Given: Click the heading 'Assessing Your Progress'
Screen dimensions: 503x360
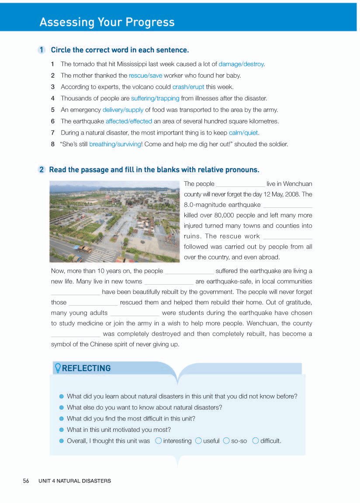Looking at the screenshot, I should point(107,22).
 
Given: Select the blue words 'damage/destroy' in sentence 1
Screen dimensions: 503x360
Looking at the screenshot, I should point(241,64).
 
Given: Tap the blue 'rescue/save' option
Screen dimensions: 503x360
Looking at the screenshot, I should point(145,76).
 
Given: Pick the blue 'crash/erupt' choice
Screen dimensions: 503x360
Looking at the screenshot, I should point(188,87).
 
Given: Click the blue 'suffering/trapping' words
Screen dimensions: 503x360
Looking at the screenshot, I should point(155,98).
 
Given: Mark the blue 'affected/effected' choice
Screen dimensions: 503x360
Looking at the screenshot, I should point(129,121).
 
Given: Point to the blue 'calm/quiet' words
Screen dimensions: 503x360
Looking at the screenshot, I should point(243,133).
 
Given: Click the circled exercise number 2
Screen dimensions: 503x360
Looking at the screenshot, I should point(42,170).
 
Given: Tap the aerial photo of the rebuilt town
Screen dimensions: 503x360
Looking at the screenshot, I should point(115,222).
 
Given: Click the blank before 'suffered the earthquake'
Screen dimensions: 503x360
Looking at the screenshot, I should point(189,272).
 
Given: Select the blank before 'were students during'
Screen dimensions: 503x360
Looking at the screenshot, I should point(135,314).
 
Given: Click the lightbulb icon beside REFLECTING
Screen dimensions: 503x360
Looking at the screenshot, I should point(57,368).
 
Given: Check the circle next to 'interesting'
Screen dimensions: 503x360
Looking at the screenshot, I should point(159,441).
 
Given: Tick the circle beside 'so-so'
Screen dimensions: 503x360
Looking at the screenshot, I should point(226,441).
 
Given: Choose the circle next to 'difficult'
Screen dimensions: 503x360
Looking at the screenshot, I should point(256,441).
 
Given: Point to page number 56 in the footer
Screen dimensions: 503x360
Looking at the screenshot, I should point(26,481).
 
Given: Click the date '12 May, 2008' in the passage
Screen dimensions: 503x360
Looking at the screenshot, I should point(283,194).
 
